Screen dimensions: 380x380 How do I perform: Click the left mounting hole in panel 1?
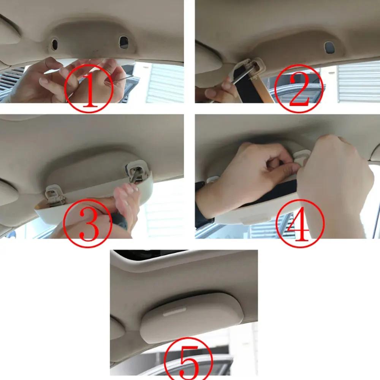[x=54, y=44]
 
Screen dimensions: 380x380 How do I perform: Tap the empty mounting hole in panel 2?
[x=329, y=47]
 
